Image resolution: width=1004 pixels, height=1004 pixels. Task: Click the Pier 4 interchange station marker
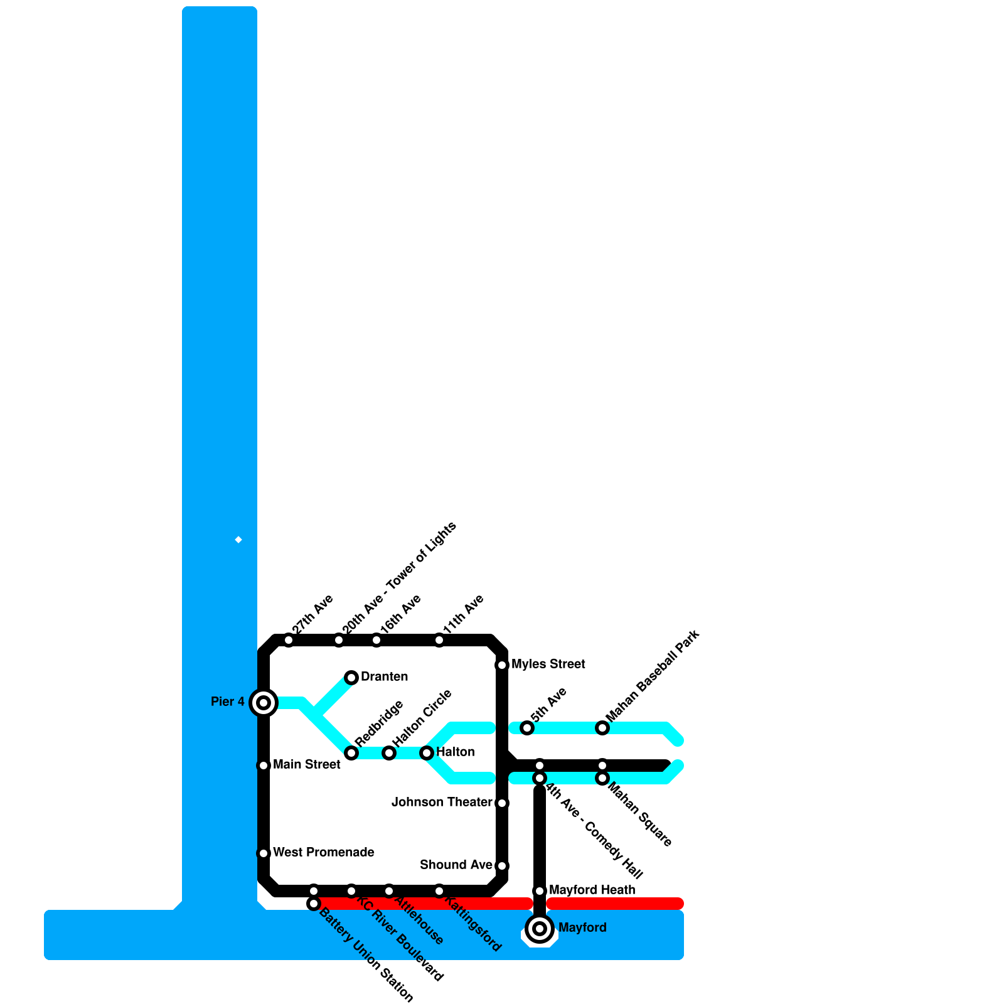coord(264,702)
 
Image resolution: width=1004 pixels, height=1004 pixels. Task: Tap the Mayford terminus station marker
coord(540,928)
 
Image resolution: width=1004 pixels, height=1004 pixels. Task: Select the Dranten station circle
coord(351,677)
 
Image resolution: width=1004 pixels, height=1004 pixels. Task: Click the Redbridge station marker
coord(351,752)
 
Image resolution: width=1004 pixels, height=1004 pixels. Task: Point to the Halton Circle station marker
coord(389,752)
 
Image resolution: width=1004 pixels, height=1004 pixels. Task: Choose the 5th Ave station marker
coord(527,727)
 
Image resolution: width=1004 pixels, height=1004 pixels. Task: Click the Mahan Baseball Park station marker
coord(602,727)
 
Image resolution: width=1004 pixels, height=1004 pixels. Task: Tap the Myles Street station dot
coord(502,665)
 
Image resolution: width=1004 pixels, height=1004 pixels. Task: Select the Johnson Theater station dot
coord(502,803)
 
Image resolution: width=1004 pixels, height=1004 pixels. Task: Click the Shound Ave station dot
coord(502,865)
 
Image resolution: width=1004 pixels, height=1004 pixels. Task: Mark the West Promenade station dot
coord(264,853)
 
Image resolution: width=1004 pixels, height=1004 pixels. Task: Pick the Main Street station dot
coord(264,765)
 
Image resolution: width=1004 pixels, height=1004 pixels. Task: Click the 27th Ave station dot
coord(289,640)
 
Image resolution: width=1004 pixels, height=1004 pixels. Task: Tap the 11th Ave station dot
coord(439,640)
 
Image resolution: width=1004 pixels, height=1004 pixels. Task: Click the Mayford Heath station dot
coord(540,890)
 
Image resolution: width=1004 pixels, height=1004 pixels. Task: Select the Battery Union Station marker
coord(314,903)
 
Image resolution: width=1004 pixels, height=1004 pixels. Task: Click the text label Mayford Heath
coord(592,890)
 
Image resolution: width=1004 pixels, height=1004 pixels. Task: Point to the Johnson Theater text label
coord(442,802)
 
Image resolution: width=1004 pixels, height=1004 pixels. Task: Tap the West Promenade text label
coord(324,852)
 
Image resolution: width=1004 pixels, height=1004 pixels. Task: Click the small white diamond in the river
coord(238,540)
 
